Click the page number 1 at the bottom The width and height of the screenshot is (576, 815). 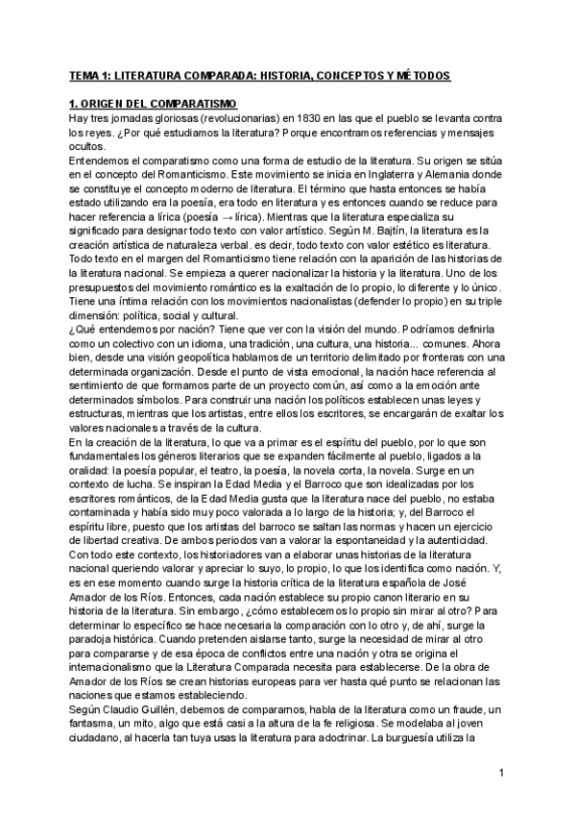point(502,773)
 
